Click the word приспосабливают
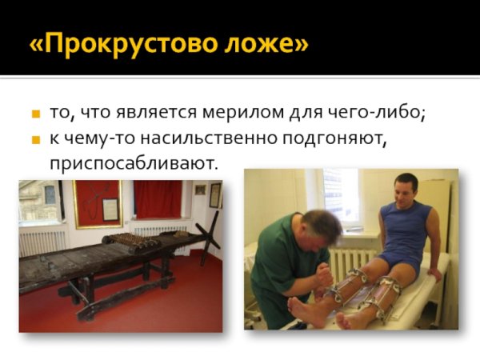(134, 164)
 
